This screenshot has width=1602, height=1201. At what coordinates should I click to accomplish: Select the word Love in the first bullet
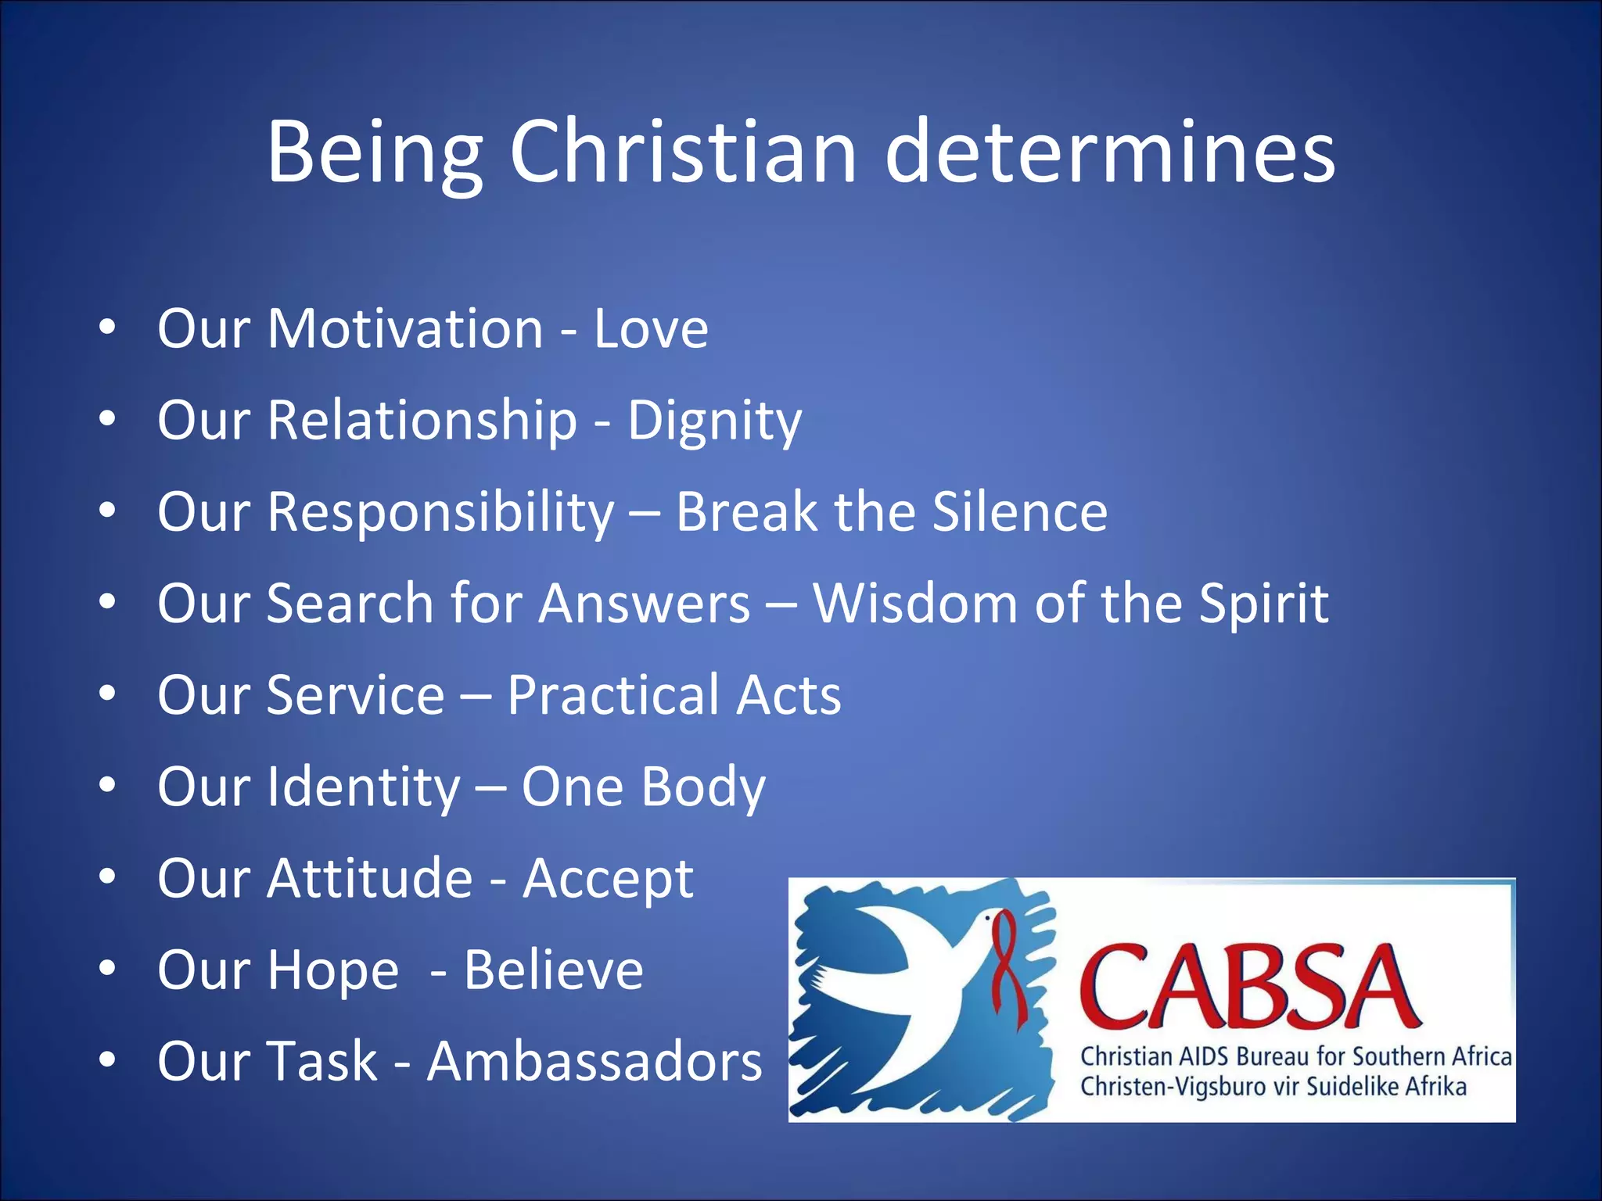651,328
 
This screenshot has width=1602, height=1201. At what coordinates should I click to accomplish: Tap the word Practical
612,696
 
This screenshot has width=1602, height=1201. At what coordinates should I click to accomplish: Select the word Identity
364,787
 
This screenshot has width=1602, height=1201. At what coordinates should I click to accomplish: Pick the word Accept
608,880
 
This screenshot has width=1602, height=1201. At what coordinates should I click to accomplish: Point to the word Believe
554,970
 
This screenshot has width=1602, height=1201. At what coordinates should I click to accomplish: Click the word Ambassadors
594,1062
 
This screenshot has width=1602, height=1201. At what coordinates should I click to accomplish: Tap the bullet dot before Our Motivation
108,328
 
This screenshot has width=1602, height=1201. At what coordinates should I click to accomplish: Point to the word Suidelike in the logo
1353,1087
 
